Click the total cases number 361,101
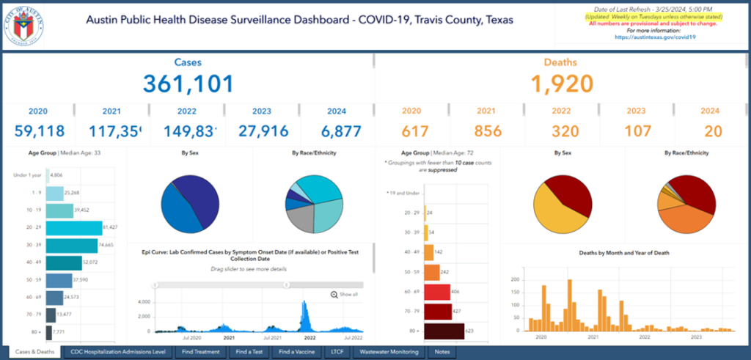coord(188,84)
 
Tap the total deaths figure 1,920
coord(563,84)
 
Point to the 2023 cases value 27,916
coord(262,131)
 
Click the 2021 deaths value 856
coord(488,131)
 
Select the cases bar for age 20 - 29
coord(72,229)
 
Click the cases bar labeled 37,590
coord(59,280)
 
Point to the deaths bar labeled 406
coord(436,292)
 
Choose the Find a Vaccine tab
coord(296,352)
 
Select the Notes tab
coord(442,352)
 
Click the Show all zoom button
coord(345,294)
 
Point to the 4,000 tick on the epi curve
coord(144,302)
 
